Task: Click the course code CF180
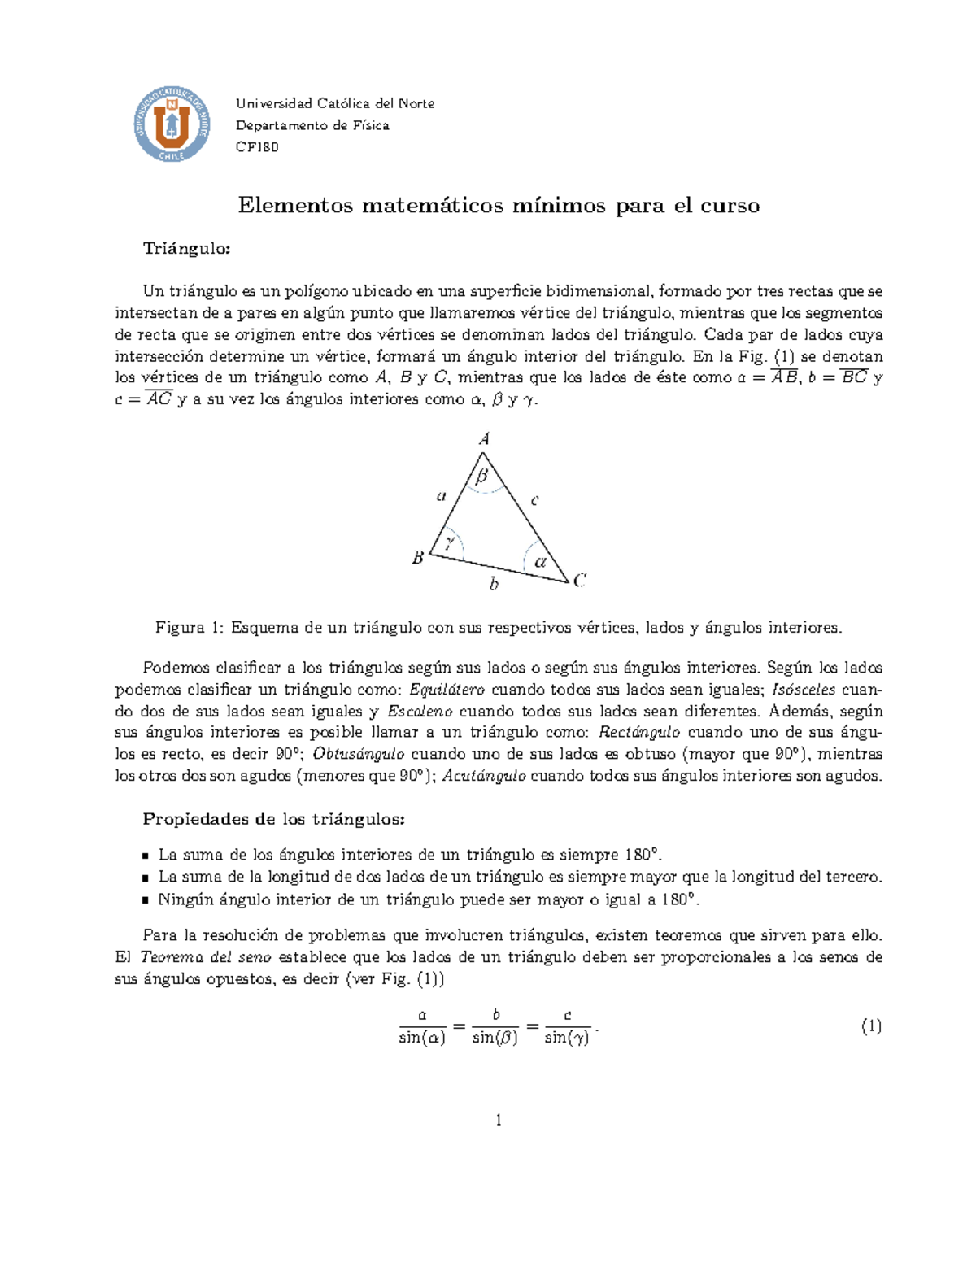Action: (x=257, y=147)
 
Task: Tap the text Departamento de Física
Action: (x=312, y=125)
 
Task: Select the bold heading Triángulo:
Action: (x=186, y=249)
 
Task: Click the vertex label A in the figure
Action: (x=484, y=439)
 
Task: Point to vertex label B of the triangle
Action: (x=418, y=559)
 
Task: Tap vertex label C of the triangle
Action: (x=580, y=580)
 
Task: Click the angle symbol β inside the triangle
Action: (x=483, y=476)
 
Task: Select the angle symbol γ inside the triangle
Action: (x=449, y=542)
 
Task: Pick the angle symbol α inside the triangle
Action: (x=540, y=561)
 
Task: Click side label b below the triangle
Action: (x=493, y=583)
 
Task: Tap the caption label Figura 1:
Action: (x=190, y=628)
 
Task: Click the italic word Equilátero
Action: (x=447, y=690)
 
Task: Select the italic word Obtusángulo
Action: (x=358, y=754)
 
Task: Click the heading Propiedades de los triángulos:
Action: (x=273, y=819)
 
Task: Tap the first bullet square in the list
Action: (x=146, y=856)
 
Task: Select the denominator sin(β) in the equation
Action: (x=495, y=1038)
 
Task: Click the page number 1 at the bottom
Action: (x=499, y=1121)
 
